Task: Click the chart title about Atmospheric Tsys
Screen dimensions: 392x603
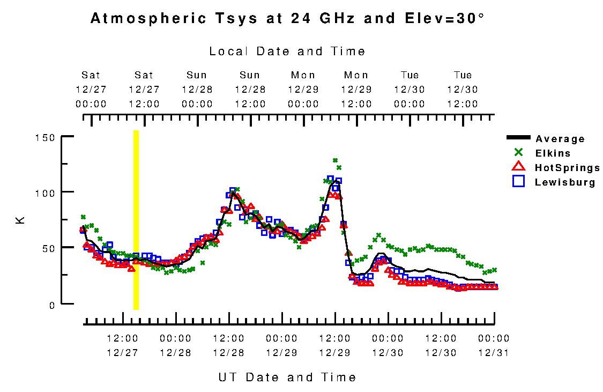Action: (x=288, y=19)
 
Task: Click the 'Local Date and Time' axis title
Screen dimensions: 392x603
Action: (x=287, y=51)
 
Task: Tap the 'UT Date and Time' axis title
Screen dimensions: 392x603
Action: (x=287, y=378)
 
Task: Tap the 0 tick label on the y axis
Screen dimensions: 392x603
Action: (x=52, y=305)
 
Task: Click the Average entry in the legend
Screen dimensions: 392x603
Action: (x=560, y=139)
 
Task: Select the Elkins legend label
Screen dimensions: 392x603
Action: (x=553, y=153)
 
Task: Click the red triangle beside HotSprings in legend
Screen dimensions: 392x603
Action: (x=518, y=167)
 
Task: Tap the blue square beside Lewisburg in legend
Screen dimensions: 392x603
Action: (x=518, y=182)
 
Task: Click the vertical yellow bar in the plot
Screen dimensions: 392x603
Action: (x=136, y=220)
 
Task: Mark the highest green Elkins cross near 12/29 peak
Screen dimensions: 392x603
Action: (x=335, y=160)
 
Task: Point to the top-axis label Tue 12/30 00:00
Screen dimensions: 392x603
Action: (x=410, y=90)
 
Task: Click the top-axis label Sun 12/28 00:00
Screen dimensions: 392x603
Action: (x=197, y=90)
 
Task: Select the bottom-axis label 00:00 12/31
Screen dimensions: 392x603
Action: (x=494, y=346)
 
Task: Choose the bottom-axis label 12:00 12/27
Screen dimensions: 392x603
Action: (x=123, y=346)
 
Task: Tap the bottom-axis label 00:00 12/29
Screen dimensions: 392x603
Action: (x=281, y=346)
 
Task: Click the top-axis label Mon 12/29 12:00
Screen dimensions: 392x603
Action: (x=356, y=90)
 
